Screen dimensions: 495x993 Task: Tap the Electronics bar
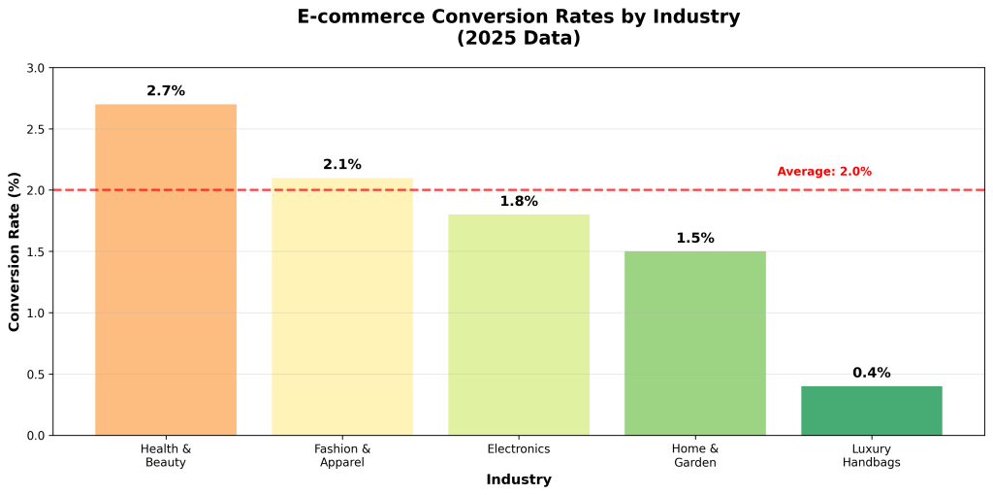tap(519, 325)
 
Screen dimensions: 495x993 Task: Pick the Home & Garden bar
tap(695, 344)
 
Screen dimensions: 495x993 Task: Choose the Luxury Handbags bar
tap(872, 411)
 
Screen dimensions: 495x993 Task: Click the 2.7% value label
tap(166, 91)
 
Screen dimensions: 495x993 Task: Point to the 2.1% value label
tap(342, 165)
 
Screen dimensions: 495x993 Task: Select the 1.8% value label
tap(519, 202)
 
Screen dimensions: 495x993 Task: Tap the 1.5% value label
tap(695, 239)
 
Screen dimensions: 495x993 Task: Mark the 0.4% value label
tap(872, 374)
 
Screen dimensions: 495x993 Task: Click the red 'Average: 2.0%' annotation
tap(824, 172)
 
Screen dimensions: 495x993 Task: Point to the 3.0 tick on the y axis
tap(36, 68)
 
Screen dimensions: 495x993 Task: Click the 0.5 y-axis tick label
tap(36, 375)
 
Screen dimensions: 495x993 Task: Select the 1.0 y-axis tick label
tap(36, 313)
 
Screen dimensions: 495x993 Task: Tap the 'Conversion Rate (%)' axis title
tap(15, 251)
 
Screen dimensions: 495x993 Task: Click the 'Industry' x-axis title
tap(519, 479)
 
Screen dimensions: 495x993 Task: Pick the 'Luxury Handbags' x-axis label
tap(872, 456)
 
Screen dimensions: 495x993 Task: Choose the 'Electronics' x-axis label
tap(519, 449)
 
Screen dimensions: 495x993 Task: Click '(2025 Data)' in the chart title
tap(519, 39)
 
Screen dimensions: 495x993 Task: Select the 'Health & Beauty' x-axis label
tap(166, 456)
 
